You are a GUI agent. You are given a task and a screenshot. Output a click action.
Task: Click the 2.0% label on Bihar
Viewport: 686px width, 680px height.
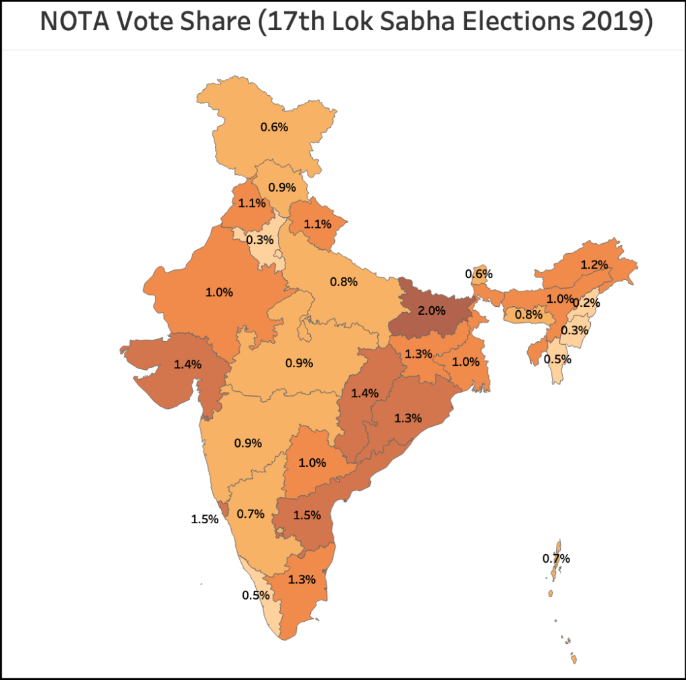point(431,310)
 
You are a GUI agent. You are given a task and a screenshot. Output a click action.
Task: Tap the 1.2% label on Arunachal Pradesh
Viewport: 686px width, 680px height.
point(594,265)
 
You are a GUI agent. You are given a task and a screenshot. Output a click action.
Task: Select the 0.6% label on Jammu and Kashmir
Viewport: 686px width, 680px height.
point(274,126)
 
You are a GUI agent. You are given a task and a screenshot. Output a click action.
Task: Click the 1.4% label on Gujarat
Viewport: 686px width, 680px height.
point(187,364)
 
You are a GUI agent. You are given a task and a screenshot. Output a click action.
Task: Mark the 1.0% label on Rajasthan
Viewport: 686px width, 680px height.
point(219,292)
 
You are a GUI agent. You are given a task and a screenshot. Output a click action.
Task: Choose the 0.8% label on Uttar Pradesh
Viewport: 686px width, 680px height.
point(343,282)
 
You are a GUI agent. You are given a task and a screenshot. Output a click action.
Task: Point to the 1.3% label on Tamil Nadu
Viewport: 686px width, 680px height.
point(301,580)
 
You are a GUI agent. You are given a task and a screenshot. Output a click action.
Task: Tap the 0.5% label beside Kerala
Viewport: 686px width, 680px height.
point(256,594)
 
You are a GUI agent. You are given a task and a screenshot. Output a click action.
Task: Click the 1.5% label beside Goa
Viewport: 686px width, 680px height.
point(205,519)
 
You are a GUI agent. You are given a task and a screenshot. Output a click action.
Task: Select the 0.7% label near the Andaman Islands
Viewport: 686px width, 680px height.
point(556,558)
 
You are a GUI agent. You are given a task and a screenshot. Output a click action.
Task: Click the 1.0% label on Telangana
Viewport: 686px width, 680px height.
point(312,462)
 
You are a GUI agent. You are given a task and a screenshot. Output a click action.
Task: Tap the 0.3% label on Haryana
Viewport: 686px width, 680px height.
point(259,240)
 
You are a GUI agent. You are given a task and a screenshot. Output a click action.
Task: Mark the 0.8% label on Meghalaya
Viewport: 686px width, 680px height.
point(528,314)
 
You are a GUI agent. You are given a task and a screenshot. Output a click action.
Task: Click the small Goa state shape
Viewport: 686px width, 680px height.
point(225,512)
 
